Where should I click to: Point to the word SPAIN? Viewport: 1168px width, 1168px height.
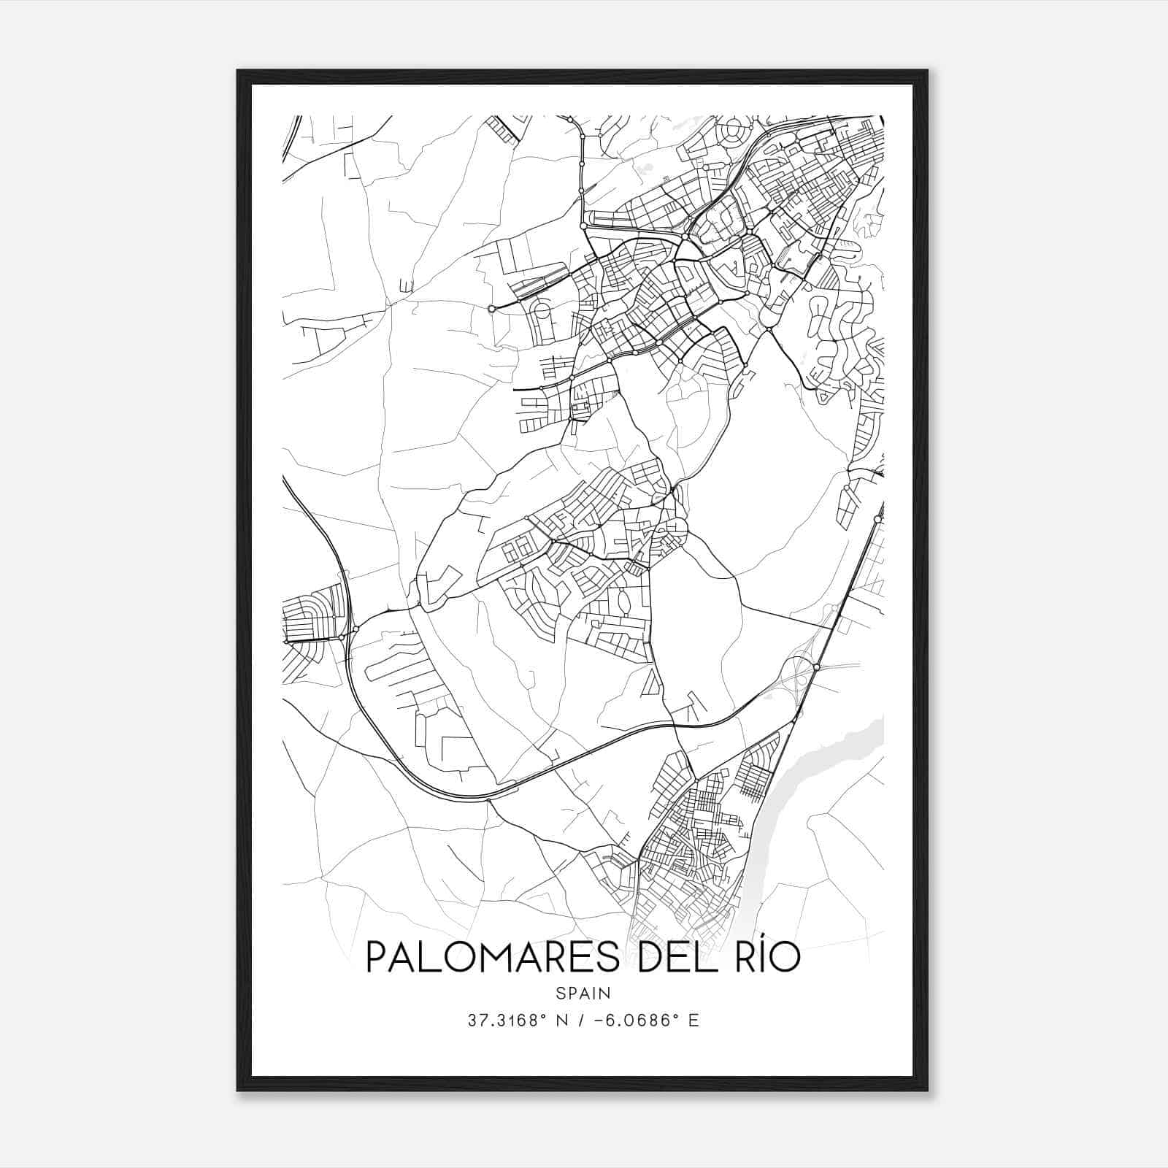[583, 994]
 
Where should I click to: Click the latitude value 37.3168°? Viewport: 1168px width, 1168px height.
[507, 1021]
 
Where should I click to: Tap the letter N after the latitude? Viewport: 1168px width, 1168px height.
[561, 1021]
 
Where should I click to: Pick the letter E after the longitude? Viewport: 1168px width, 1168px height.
[693, 1021]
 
